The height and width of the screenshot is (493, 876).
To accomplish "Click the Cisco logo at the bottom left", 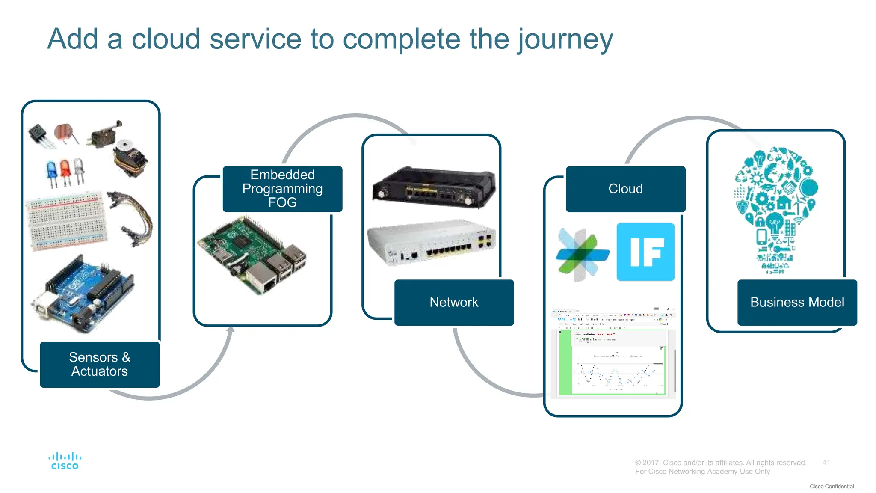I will [x=65, y=461].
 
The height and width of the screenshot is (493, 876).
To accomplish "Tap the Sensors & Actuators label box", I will [x=100, y=364].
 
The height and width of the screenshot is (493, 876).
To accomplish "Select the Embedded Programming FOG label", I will [x=282, y=189].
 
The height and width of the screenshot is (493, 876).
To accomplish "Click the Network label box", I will [x=454, y=302].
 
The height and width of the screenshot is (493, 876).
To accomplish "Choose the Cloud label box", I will [x=625, y=189].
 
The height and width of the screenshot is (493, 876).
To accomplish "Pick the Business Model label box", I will [x=797, y=302].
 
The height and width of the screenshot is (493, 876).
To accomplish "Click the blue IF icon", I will [x=645, y=252].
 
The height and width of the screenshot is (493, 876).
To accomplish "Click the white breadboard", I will [x=66, y=221].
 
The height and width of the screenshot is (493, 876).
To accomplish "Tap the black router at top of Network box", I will [x=433, y=188].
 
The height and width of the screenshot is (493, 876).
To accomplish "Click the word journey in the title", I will [x=565, y=39].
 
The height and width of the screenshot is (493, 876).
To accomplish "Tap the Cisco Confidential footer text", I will [x=832, y=487].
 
